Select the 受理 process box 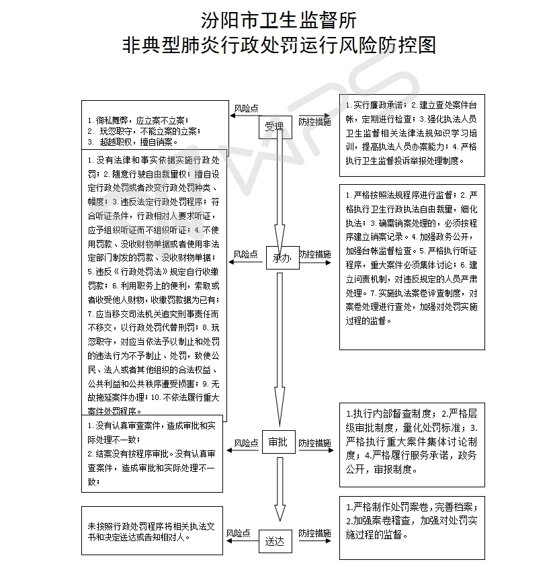click(x=274, y=126)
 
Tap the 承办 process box click(x=282, y=257)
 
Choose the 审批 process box click(x=278, y=442)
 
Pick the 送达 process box click(x=275, y=539)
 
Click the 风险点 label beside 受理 click(x=247, y=108)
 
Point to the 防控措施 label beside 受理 click(x=314, y=122)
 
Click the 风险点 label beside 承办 click(x=246, y=255)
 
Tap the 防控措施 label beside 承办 click(x=314, y=255)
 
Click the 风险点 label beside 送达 click(x=239, y=533)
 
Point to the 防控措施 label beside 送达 click(x=314, y=533)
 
